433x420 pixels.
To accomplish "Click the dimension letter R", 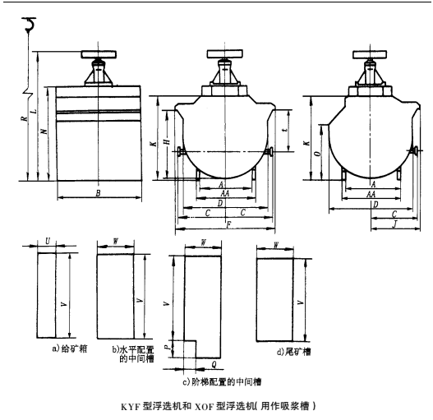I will click(x=25, y=120).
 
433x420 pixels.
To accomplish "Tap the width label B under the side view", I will click(x=98, y=194).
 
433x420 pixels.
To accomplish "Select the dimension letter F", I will click(x=228, y=224).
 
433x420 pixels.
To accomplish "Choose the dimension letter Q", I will click(x=214, y=362).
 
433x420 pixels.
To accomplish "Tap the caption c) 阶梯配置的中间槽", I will click(x=219, y=381).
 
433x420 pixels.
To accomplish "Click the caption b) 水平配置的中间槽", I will click(x=127, y=353).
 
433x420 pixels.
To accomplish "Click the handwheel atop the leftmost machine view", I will click(x=98, y=58).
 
